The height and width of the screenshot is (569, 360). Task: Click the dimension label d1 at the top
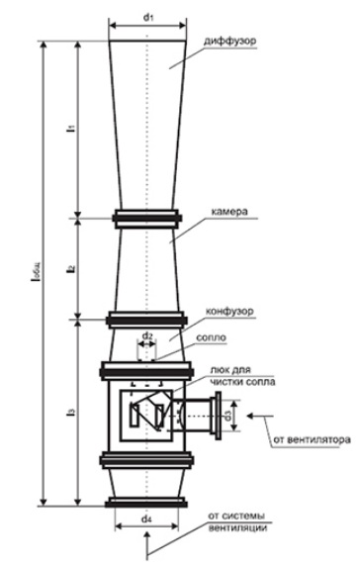pos(148,17)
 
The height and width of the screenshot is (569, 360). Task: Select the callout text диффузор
pos(229,41)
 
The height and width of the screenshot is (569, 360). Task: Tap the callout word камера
pos(230,212)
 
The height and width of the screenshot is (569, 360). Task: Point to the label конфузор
pos(229,312)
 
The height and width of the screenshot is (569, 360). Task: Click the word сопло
pos(211,337)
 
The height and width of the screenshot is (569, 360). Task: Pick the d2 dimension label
pos(146,335)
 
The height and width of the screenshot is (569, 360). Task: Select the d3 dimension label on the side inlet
pos(227,416)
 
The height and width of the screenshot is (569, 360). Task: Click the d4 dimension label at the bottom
pos(146,519)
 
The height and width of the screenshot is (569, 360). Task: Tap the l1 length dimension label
pos(71,128)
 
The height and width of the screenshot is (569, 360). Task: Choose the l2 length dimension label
pos(71,268)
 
